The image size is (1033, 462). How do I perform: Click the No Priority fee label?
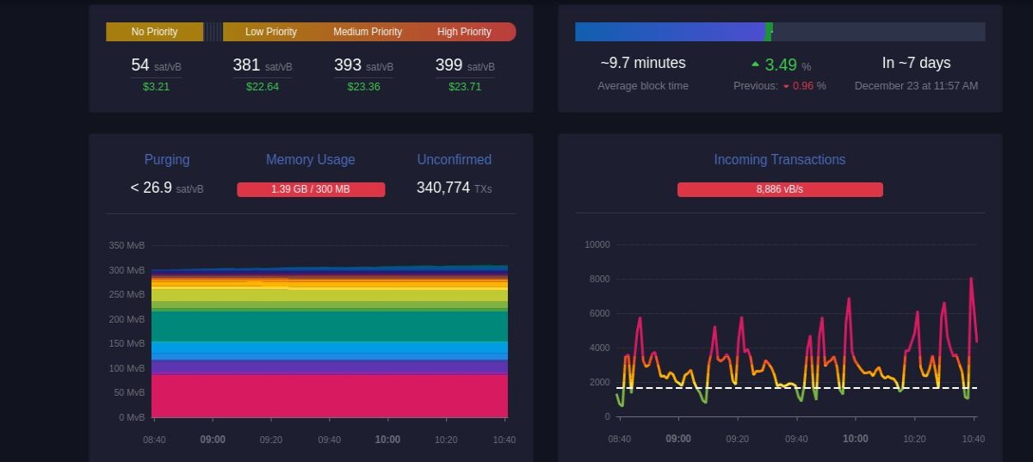point(154,32)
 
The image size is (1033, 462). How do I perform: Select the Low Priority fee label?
point(270,32)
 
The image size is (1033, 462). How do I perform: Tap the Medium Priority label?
point(368,32)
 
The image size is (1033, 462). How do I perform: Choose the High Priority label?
point(464,32)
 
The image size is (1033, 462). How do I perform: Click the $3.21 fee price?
point(156,87)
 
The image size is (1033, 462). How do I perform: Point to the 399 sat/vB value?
point(465,65)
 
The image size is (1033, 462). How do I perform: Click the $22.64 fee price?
point(262,87)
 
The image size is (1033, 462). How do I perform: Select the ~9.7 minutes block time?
point(643,63)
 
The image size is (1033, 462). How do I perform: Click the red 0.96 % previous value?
point(804,86)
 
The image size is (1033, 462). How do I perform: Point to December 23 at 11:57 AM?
point(916,86)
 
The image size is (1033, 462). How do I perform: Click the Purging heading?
point(167,159)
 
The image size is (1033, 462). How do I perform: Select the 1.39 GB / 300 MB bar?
point(311,189)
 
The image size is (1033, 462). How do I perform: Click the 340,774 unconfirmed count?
point(443,188)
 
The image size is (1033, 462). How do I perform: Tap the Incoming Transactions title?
point(780,159)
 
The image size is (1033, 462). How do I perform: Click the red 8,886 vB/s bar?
point(780,189)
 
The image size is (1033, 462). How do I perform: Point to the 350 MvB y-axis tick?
point(127,245)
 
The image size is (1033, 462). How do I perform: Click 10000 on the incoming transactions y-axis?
point(597,244)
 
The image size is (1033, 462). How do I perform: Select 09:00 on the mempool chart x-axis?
point(213,440)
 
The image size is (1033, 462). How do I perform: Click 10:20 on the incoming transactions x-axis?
point(914,439)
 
